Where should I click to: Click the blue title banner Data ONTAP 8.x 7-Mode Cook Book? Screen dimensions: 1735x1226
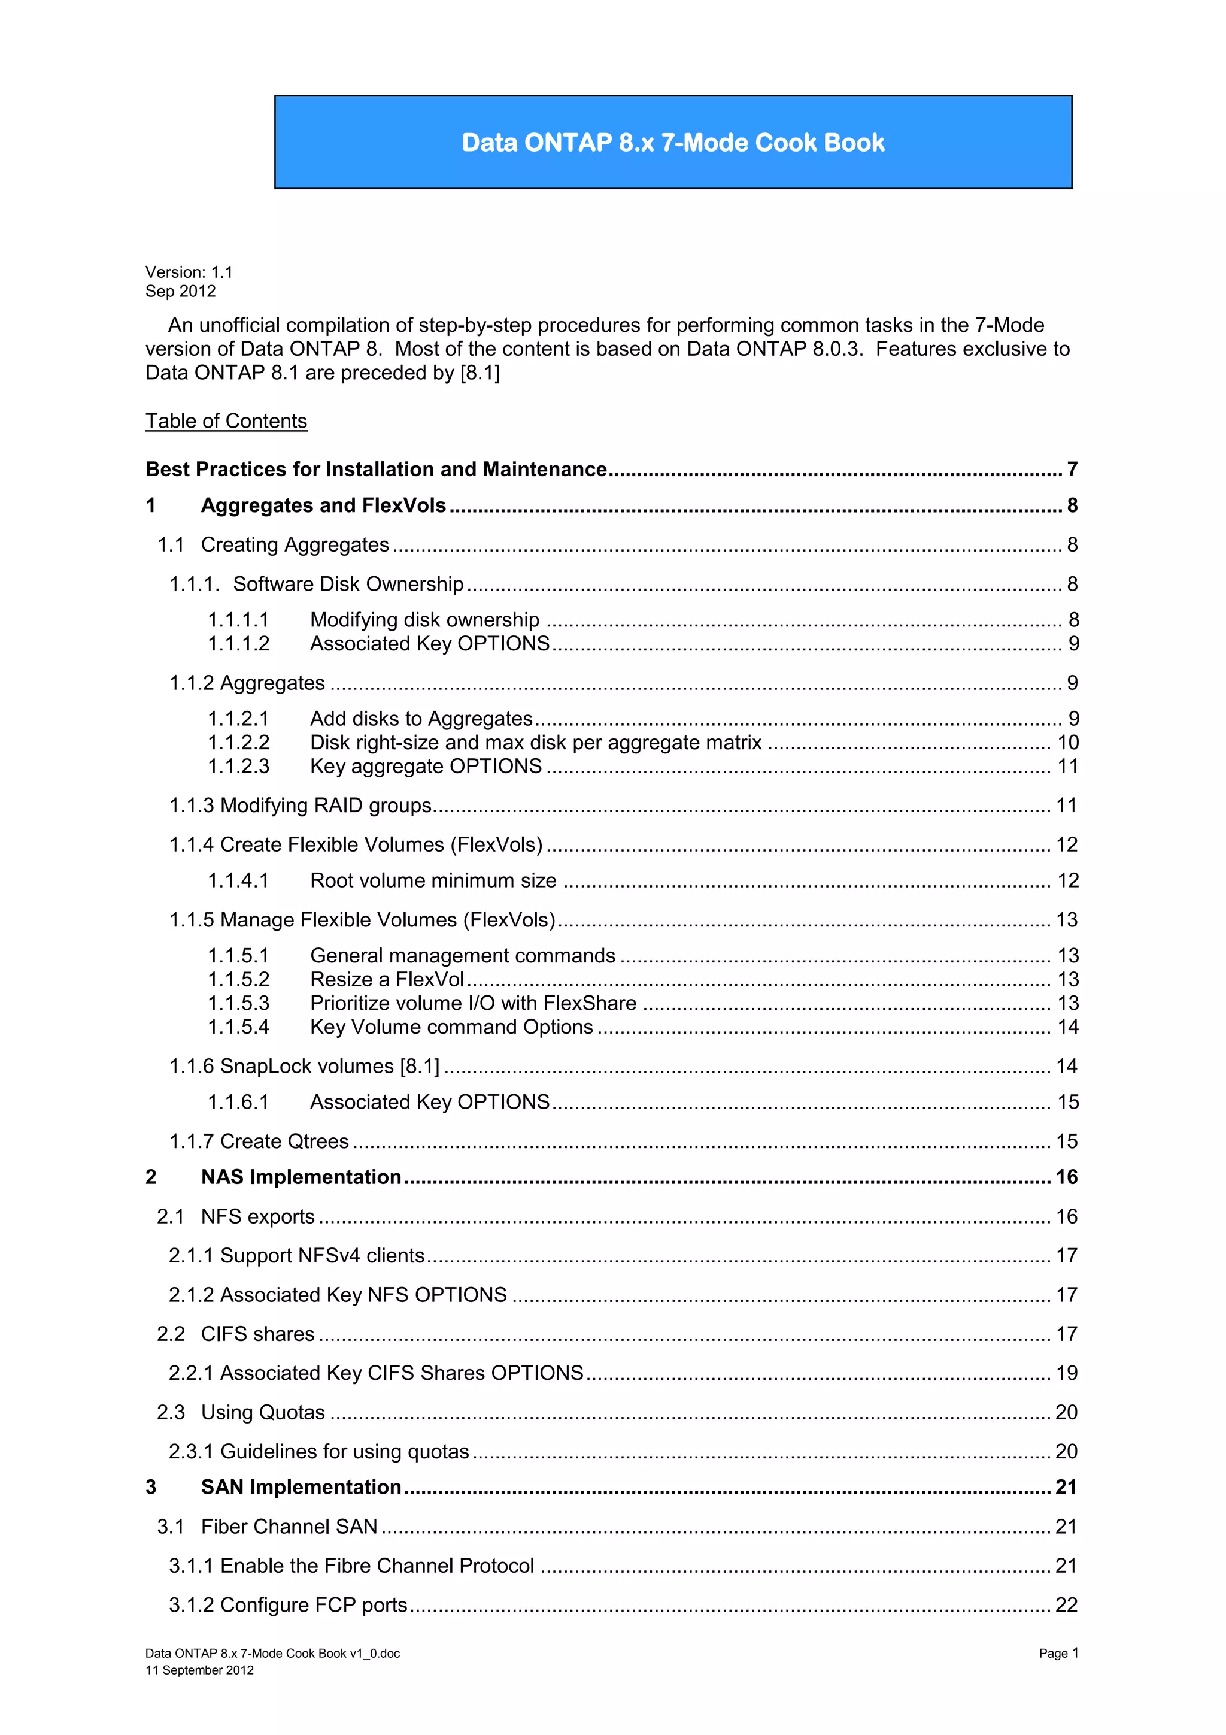point(672,142)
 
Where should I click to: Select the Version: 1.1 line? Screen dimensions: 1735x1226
point(189,272)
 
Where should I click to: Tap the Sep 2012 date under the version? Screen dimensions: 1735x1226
point(181,292)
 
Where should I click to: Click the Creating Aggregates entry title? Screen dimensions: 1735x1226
point(295,545)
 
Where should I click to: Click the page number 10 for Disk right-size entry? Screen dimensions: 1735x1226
point(1067,743)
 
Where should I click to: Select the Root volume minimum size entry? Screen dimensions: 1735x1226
point(433,881)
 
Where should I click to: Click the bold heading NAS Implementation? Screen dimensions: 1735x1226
point(301,1177)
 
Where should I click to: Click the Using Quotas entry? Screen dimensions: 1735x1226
point(263,1412)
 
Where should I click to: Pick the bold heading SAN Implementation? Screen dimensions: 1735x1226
point(301,1487)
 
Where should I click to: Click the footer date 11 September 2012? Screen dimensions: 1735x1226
point(199,1670)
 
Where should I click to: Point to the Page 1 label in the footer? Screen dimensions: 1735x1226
point(1058,1654)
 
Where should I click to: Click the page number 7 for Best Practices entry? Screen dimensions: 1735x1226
point(1072,470)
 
